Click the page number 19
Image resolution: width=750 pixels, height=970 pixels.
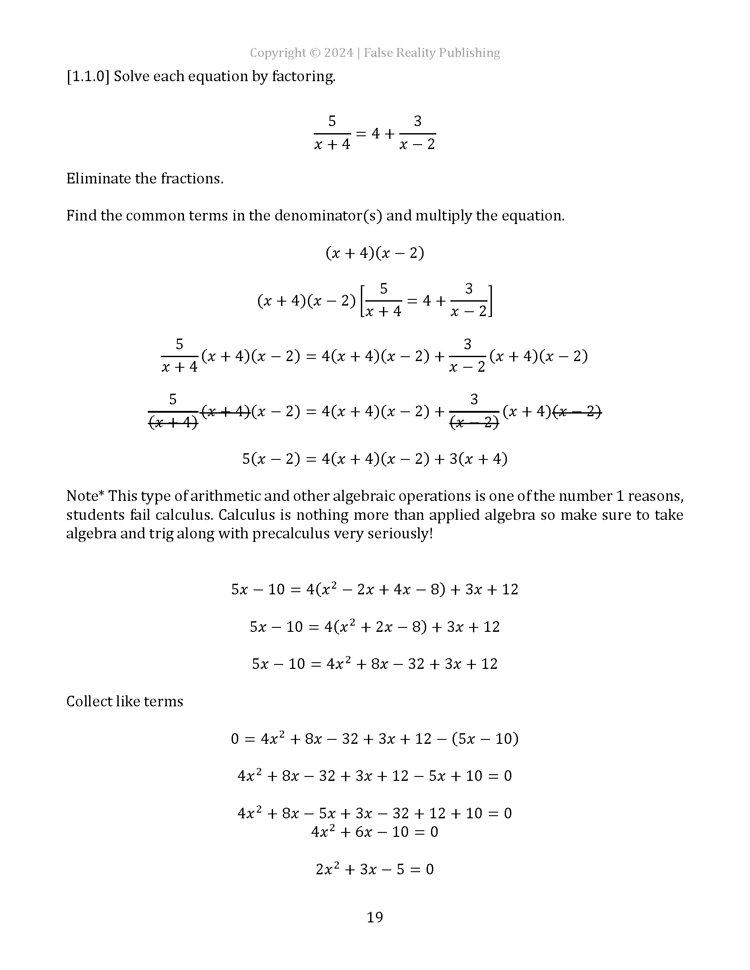click(375, 917)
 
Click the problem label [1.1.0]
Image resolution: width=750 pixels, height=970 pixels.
click(88, 76)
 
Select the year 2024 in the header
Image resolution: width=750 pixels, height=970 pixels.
click(338, 53)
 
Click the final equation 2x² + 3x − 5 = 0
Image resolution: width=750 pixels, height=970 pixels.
click(375, 869)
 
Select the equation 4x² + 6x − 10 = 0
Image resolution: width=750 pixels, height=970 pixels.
click(375, 832)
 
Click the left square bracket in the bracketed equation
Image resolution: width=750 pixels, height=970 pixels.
click(362, 301)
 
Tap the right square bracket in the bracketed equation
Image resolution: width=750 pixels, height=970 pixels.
click(490, 301)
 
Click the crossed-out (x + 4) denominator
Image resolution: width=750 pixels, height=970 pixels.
click(173, 422)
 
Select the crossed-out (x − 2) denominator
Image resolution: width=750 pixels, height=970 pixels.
click(474, 422)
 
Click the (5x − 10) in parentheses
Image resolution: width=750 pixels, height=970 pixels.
click(485, 739)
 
